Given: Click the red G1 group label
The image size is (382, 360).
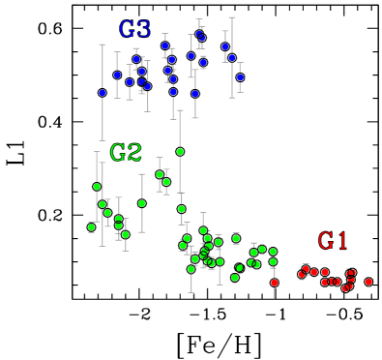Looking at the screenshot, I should point(333,240).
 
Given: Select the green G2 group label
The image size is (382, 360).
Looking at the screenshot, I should point(126,152).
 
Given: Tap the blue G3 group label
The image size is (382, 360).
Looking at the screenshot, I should point(134,29).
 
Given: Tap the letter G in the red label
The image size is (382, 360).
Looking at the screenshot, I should point(325,240).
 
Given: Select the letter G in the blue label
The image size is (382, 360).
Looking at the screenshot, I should point(127,29).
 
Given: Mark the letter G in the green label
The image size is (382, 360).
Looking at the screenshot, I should point(118,152).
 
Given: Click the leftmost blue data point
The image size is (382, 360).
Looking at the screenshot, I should point(103,93).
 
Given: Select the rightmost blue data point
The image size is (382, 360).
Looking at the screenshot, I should point(240,77).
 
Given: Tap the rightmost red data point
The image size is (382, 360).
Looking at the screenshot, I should point(368,282).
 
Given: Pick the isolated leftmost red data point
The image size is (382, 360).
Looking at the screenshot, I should point(275,283).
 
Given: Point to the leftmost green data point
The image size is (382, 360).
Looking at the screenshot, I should point(92,227).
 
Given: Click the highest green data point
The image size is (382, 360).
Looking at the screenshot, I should point(180,151).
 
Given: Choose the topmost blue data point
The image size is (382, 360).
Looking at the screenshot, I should point(199,33).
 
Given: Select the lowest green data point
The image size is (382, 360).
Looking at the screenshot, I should point(235,278).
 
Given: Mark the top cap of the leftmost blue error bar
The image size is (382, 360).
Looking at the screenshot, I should point(103,45).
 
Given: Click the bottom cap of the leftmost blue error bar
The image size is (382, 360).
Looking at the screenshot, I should point(103,140).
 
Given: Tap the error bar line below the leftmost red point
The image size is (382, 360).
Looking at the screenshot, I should point(275,293).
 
